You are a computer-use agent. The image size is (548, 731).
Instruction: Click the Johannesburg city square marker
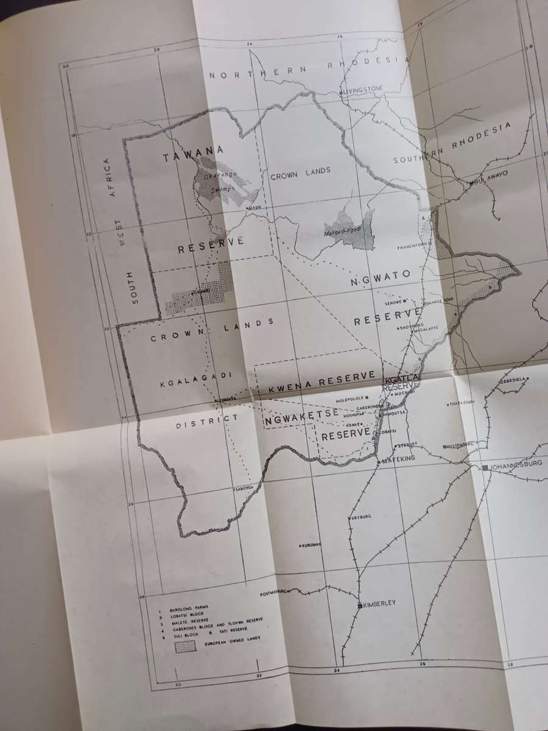tap(485, 467)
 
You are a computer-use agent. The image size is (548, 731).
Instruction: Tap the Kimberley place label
tap(381, 603)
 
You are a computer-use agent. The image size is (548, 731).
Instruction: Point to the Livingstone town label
tap(364, 89)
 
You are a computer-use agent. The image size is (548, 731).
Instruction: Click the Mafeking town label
tap(398, 461)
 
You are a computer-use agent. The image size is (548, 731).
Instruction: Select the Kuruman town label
tap(312, 545)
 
